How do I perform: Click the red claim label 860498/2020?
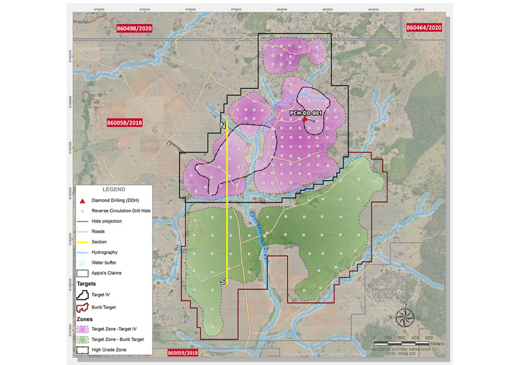pos(134,28)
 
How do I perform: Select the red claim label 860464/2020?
pos(424,28)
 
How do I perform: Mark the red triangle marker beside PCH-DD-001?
pos(304,118)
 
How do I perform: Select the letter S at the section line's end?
pos(222,282)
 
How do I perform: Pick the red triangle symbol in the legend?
pos(84,200)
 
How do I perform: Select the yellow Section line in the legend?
pos(84,242)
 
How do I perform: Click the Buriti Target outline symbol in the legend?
pos(84,306)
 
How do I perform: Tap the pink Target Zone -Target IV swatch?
pos(84,329)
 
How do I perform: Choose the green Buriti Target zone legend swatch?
pos(84,339)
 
